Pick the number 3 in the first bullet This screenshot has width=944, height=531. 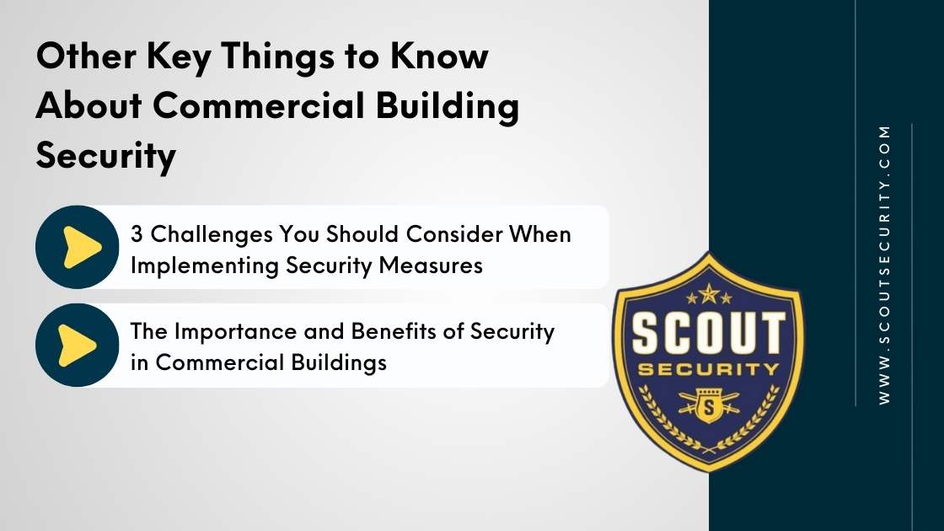click(137, 233)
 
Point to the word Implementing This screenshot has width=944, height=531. click(196, 265)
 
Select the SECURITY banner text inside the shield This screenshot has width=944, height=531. click(708, 369)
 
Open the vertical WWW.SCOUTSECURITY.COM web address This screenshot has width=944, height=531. click(884, 265)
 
